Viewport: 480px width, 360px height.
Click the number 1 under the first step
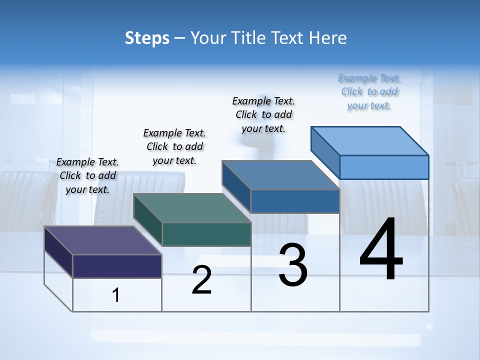tap(116, 295)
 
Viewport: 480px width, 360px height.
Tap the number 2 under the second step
tap(201, 280)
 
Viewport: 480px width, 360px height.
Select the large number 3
tap(293, 265)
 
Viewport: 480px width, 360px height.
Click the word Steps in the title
tap(147, 38)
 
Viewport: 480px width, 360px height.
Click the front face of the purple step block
tap(117, 266)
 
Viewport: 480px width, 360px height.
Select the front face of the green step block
tap(206, 234)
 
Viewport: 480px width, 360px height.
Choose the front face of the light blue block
tap(384, 167)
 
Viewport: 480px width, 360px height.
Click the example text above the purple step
tap(87, 175)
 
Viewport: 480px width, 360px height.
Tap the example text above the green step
tap(174, 146)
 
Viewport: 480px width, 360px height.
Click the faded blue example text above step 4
tap(369, 91)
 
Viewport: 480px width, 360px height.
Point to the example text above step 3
tap(263, 114)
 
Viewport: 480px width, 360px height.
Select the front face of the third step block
tap(295, 201)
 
